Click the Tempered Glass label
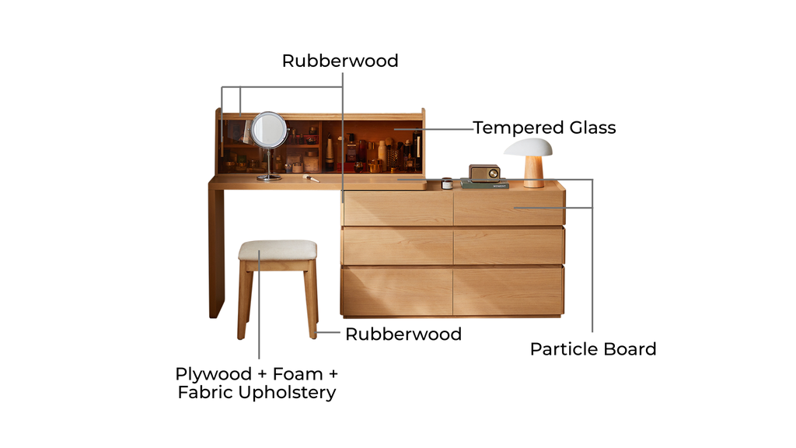(544, 128)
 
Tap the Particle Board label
(593, 349)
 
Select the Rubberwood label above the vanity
(340, 61)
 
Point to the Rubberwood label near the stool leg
(403, 334)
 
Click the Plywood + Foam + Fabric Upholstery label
(257, 383)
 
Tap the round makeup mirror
(269, 129)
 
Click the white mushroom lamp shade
(528, 147)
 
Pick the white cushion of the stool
(278, 250)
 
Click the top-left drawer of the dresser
(397, 208)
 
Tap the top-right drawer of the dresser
(509, 208)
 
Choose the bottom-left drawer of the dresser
(397, 290)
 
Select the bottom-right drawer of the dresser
(509, 290)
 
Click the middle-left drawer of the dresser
(397, 247)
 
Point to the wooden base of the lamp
(534, 172)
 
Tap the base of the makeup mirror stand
(269, 178)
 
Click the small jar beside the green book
(447, 184)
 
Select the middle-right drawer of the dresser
(509, 247)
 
